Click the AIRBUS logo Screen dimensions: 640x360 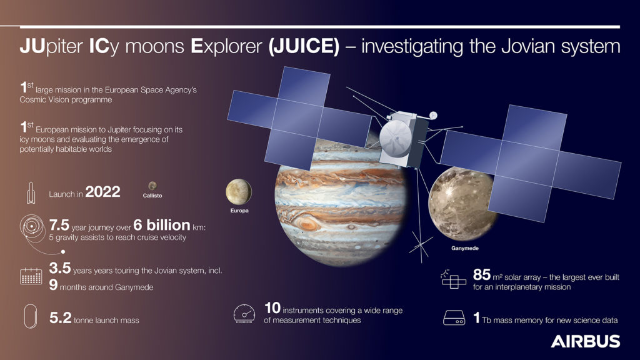click(585, 341)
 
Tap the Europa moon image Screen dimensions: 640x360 click(239, 192)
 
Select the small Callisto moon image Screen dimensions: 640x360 click(152, 186)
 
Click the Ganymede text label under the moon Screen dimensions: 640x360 click(465, 248)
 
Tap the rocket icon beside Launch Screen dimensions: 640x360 click(31, 192)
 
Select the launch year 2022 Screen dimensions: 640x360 click(103, 192)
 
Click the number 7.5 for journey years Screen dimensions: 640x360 click(59, 225)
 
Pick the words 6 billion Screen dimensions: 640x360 click(162, 225)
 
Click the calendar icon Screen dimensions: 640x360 click(31, 276)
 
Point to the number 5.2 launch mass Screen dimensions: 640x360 click(61, 317)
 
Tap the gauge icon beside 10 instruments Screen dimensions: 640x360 click(244, 314)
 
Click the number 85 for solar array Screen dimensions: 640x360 click(482, 275)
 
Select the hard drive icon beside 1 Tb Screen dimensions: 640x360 click(454, 317)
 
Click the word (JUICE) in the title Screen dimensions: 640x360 click(304, 46)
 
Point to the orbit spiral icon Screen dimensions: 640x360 click(32, 227)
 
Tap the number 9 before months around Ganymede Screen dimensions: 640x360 click(54, 284)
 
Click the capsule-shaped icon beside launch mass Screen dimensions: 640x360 click(31, 316)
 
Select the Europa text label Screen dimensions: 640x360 click(239, 211)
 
